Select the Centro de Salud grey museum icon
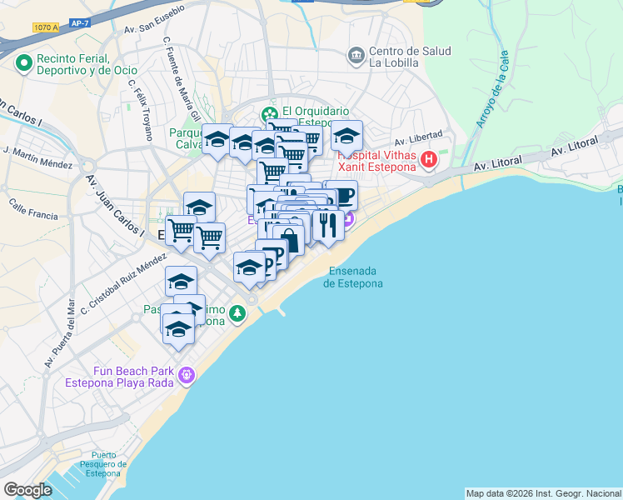(x=356, y=56)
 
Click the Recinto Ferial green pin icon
(x=22, y=62)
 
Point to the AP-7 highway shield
(x=80, y=22)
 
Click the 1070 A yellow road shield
(x=46, y=27)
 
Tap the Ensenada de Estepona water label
(x=353, y=277)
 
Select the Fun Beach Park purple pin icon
(x=187, y=377)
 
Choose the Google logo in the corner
(x=27, y=490)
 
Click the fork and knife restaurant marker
(x=328, y=224)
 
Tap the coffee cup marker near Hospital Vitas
(x=341, y=195)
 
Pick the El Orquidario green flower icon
(x=269, y=115)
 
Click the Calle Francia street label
(x=33, y=209)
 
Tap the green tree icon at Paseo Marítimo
(x=239, y=313)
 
